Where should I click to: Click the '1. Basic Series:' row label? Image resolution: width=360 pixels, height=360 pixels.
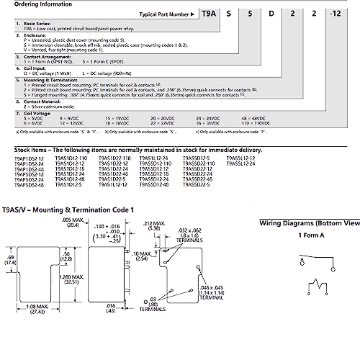(34, 24)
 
